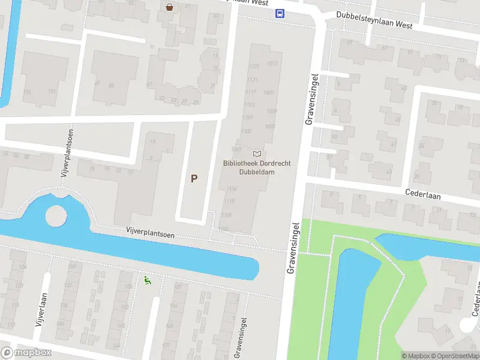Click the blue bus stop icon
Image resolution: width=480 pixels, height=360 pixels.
(280, 14)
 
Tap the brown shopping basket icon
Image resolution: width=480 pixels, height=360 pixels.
(170, 7)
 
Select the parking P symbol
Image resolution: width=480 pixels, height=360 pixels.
(194, 178)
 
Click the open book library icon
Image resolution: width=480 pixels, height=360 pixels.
(257, 154)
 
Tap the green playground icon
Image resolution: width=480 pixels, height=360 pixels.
(146, 280)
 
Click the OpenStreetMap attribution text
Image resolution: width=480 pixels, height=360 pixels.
(454, 356)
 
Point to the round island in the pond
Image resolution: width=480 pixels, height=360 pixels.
(55, 215)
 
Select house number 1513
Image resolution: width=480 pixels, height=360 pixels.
(271, 63)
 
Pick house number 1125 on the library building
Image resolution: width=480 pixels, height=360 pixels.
(254, 66)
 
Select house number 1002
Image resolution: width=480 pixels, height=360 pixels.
(236, 149)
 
